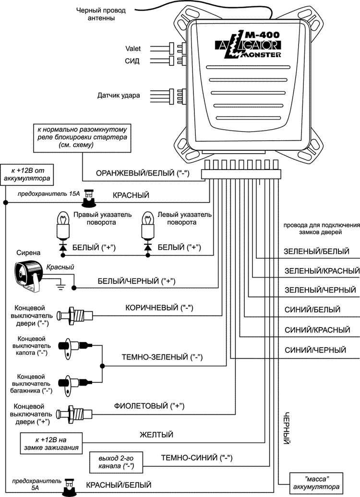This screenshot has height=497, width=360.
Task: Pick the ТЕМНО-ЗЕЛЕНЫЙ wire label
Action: (162, 357)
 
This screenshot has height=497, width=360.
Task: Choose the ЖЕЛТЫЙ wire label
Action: (156, 435)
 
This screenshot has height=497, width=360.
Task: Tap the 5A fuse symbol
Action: (70, 487)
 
